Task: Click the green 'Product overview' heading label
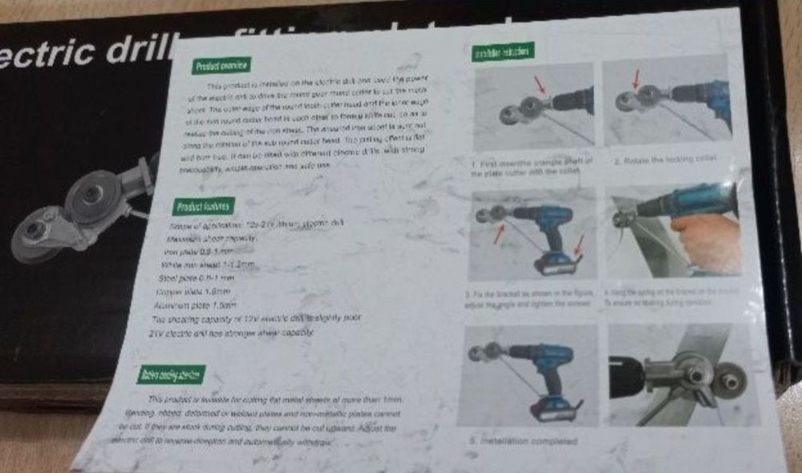coord(221,66)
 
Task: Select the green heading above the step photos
coord(503,52)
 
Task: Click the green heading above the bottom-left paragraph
coord(171,374)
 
